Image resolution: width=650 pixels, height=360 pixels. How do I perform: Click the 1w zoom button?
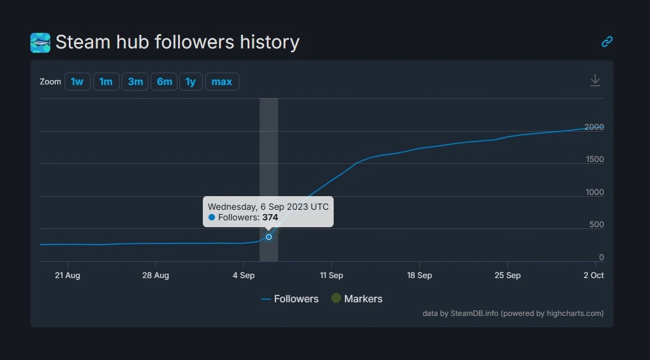(x=77, y=82)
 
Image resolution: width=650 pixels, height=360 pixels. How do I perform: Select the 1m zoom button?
(x=106, y=82)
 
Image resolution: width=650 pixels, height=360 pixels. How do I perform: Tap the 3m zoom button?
(x=135, y=82)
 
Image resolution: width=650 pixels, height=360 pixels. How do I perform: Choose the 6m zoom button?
(x=164, y=82)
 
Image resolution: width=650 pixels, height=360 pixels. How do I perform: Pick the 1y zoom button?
(x=190, y=82)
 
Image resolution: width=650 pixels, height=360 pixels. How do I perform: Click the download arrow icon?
(x=595, y=81)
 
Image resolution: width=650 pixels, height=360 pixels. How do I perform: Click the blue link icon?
(x=607, y=42)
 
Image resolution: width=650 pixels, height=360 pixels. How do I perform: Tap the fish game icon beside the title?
(x=40, y=43)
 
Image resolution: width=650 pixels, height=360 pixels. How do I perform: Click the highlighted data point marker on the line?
(x=269, y=236)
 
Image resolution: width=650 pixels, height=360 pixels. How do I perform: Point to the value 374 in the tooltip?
(x=270, y=217)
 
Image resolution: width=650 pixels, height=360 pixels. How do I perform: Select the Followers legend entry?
(x=290, y=299)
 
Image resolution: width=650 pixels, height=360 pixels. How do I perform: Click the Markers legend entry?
(x=357, y=299)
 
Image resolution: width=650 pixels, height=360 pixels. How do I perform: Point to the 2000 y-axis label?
(x=594, y=127)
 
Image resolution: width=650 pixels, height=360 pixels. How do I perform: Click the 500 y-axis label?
(x=596, y=225)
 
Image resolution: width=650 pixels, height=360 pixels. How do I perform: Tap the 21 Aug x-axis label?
(x=67, y=275)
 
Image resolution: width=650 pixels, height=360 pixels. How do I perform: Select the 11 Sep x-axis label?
(x=331, y=275)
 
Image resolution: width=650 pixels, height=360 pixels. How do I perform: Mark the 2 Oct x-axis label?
(x=594, y=275)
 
